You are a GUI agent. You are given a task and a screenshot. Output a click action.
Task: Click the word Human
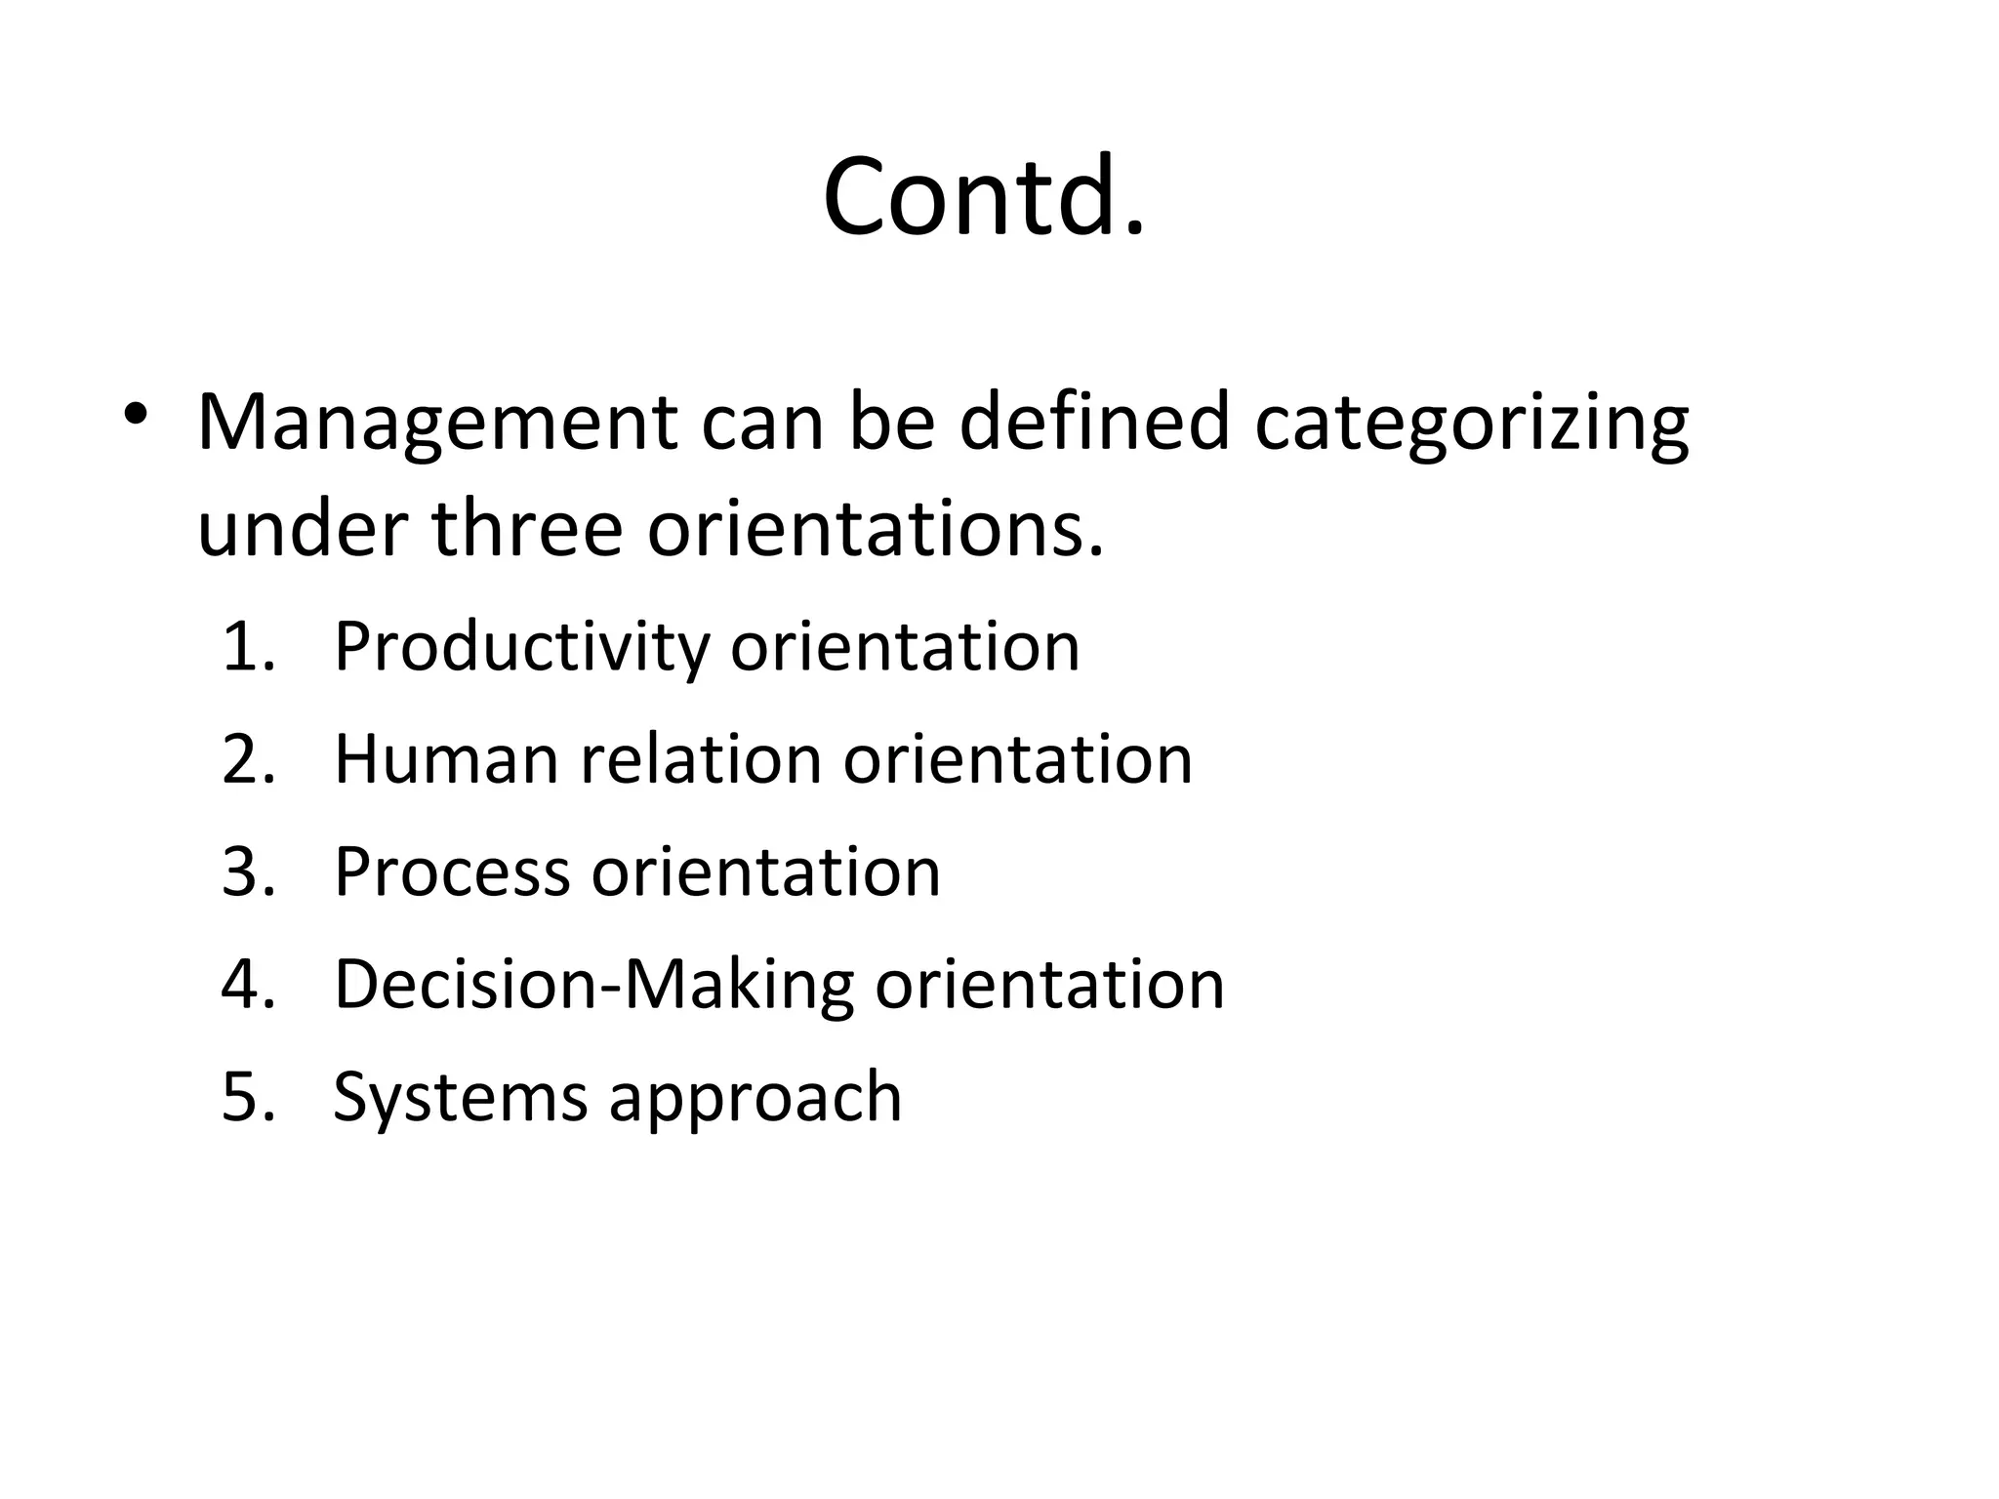[x=446, y=759]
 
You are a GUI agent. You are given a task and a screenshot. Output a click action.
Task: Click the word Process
[x=452, y=871]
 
